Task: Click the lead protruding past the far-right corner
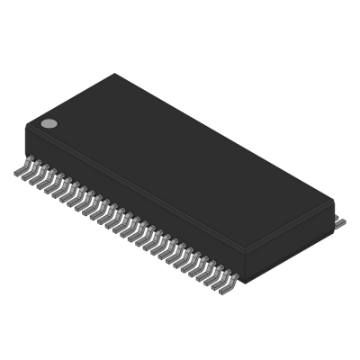pyautogui.click(x=340, y=219)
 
